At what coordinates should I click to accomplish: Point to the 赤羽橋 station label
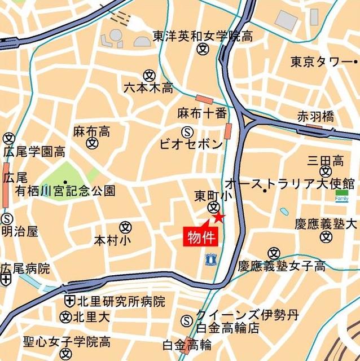point(316,116)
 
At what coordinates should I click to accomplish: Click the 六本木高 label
point(148,87)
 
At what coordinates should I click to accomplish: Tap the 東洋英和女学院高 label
point(203,37)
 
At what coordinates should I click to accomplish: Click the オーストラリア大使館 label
point(290,183)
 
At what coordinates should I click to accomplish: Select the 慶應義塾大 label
point(326,223)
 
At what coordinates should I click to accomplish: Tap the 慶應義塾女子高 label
point(282,265)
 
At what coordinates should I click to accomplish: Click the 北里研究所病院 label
point(120,301)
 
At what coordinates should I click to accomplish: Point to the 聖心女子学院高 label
point(67,342)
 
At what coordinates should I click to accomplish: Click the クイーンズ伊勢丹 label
point(247,315)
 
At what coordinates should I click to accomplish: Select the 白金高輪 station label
point(187,344)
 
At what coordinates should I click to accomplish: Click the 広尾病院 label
point(25,268)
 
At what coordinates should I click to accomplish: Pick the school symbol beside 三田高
point(325,171)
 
